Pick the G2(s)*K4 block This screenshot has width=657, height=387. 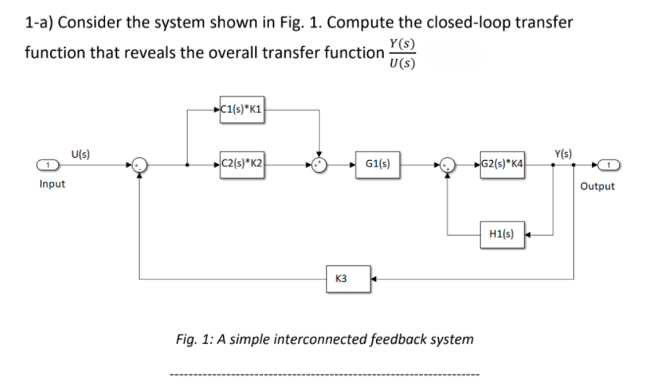click(503, 166)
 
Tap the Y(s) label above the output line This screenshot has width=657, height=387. click(563, 151)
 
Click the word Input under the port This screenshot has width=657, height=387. click(52, 185)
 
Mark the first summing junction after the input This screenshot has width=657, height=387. click(139, 166)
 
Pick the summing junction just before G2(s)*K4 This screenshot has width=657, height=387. click(448, 166)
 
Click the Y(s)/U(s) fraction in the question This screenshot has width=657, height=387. click(402, 53)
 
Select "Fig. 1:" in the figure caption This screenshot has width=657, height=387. click(196, 339)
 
